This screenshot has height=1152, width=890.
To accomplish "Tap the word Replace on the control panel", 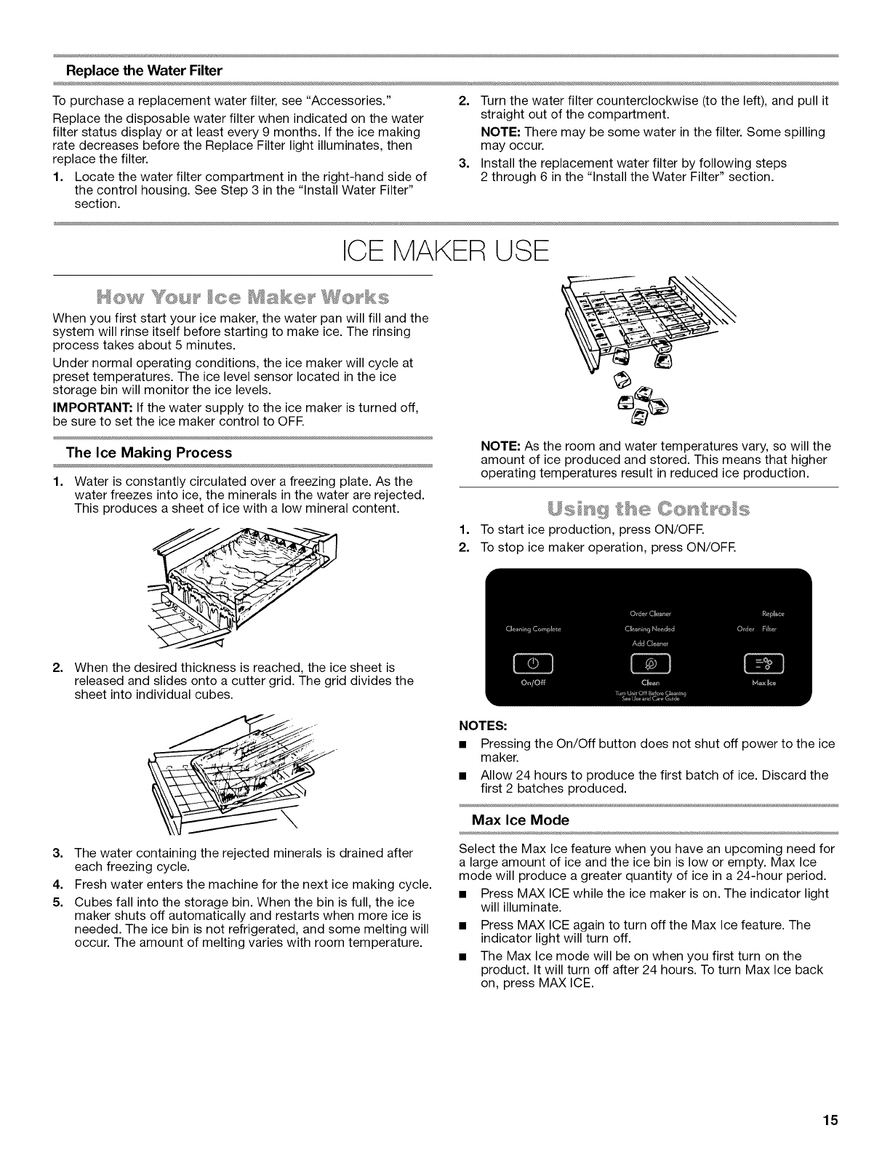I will [772, 613].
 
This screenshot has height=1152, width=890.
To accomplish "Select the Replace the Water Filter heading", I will [144, 71].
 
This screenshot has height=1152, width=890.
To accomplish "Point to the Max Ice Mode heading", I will [520, 820].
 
